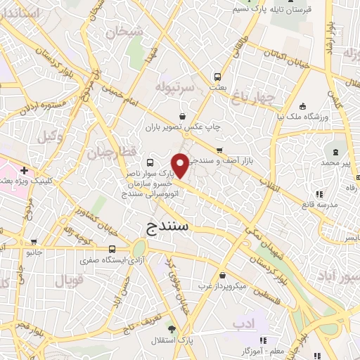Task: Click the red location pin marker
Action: pyautogui.click(x=181, y=165)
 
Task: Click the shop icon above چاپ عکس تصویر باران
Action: pyautogui.click(x=184, y=116)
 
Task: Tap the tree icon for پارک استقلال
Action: pyautogui.click(x=172, y=328)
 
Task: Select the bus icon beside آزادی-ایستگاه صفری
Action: pyautogui.click(x=113, y=250)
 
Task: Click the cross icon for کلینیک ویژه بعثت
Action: pyautogui.click(x=25, y=170)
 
